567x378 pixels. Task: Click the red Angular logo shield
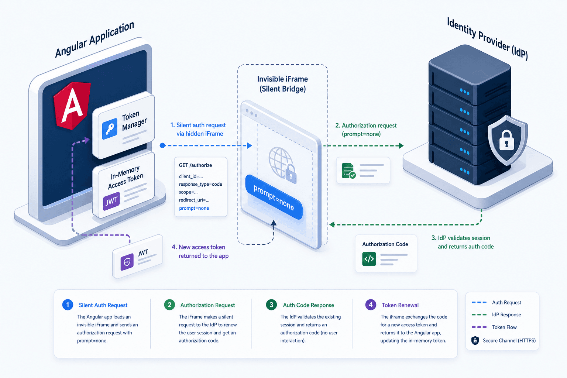72,105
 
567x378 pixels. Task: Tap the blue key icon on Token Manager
110,129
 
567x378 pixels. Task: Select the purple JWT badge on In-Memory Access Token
111,201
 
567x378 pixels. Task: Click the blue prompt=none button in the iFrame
274,197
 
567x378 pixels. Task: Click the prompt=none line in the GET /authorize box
194,208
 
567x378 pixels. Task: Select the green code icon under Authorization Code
369,259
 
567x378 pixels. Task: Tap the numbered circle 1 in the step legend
68,305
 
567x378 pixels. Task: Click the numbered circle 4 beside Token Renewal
371,305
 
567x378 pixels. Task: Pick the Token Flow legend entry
494,327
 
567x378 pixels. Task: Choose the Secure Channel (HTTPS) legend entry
504,340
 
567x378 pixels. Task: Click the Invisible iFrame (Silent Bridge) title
282,84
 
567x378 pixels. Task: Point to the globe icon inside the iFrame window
281,162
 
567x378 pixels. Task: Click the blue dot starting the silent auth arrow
162,145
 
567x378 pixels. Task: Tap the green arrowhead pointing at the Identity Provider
401,145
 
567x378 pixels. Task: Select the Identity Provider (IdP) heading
488,39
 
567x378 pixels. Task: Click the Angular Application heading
94,39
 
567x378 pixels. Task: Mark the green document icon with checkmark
348,171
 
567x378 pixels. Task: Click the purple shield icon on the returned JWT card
127,262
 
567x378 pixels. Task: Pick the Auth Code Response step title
308,305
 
